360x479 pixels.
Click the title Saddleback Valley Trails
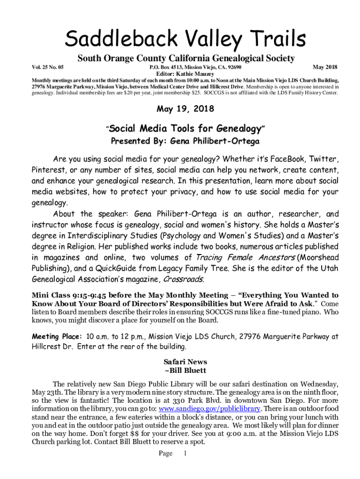(185, 38)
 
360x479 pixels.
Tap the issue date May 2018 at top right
(325, 67)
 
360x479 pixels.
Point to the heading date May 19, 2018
(185, 109)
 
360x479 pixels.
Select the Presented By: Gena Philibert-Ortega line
(185, 141)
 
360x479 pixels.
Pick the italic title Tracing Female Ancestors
(245, 257)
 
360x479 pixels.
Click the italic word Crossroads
(183, 280)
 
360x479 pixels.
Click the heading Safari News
(185, 362)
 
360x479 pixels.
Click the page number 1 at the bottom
(185, 453)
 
